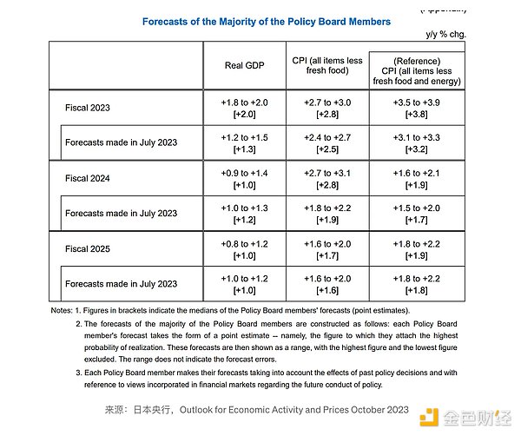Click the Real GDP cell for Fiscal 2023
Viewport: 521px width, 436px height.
(x=244, y=107)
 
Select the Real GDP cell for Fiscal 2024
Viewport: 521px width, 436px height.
(x=244, y=179)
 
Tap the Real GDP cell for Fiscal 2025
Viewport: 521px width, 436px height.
(x=244, y=248)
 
